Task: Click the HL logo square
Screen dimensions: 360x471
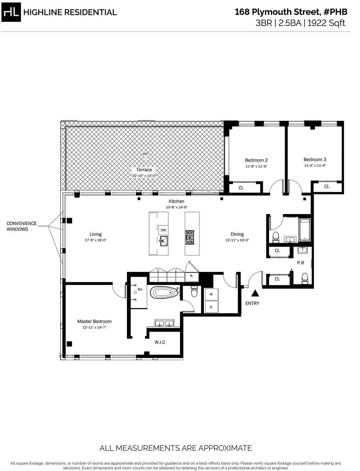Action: (x=11, y=12)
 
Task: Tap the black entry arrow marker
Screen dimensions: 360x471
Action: (x=255, y=293)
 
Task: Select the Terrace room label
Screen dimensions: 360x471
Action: (x=144, y=170)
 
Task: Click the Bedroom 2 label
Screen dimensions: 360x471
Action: (x=256, y=160)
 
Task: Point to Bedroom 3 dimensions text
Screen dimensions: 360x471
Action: (x=315, y=165)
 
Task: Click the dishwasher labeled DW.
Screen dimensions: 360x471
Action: (x=163, y=230)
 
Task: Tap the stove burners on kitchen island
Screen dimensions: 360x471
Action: (x=190, y=237)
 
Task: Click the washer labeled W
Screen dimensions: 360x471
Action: (x=211, y=294)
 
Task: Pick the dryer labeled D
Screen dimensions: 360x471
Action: (x=211, y=307)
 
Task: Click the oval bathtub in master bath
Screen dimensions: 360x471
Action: (x=164, y=293)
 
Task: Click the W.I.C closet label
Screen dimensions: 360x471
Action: (x=160, y=342)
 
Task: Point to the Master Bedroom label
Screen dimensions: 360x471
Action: (x=94, y=322)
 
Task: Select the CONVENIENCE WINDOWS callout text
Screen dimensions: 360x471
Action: (x=22, y=226)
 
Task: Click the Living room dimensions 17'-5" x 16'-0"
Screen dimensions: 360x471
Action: (x=96, y=240)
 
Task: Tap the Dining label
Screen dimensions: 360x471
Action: (x=237, y=234)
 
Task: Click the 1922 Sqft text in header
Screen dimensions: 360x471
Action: (x=326, y=23)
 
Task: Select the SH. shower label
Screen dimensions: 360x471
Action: (x=140, y=289)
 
